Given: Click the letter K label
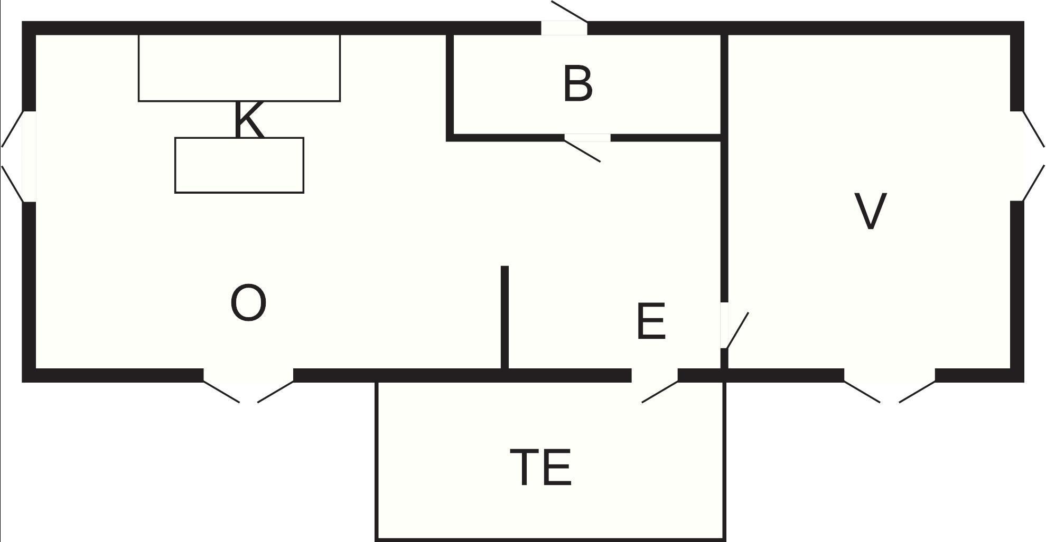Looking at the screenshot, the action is tap(248, 119).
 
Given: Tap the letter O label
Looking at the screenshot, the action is tap(248, 302).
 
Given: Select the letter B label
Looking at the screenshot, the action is tap(578, 83).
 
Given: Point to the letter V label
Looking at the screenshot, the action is tap(870, 211).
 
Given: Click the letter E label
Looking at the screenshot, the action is tap(651, 321).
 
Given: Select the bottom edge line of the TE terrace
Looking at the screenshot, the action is tap(550, 539).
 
